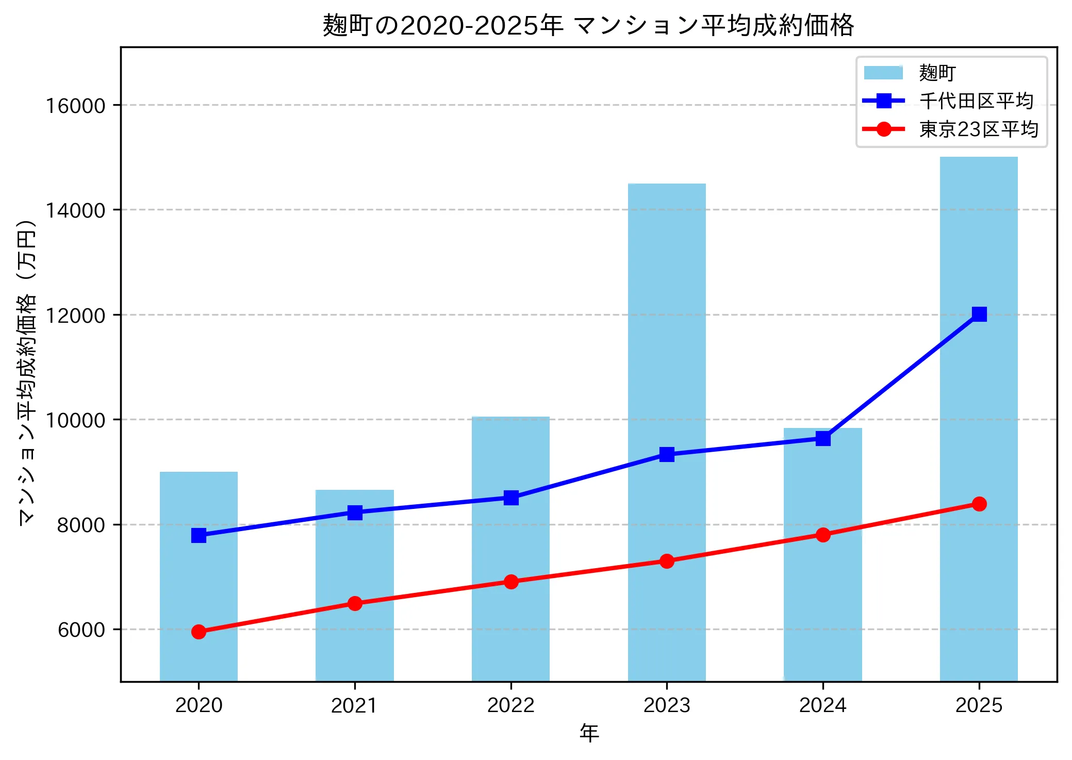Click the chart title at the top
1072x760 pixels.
[x=588, y=26]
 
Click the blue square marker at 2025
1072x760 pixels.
[x=979, y=314]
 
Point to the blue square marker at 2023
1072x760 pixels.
[x=667, y=454]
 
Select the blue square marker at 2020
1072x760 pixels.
[x=199, y=535]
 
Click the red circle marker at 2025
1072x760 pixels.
[x=979, y=504]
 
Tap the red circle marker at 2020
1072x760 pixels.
[x=199, y=632]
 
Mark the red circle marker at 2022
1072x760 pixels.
[x=511, y=582]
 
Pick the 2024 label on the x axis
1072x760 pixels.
[x=822, y=705]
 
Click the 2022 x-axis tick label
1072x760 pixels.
[x=510, y=705]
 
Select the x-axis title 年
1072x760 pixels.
[x=589, y=733]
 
